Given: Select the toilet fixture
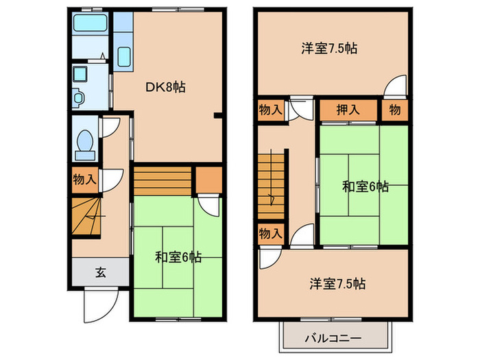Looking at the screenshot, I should (86, 143).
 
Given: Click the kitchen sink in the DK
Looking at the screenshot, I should (124, 56).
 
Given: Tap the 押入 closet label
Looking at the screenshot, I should (348, 110).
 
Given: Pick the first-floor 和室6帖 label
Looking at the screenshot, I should (178, 257).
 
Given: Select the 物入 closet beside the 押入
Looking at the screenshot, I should (270, 110).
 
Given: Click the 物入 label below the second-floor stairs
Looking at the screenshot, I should (270, 233).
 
